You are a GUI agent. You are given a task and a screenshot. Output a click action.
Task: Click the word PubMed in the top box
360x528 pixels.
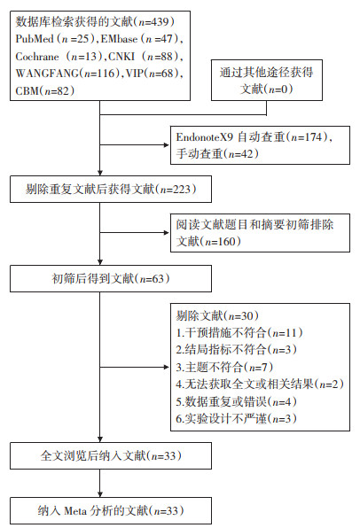35,39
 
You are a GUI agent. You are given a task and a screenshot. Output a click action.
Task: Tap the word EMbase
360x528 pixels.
119,39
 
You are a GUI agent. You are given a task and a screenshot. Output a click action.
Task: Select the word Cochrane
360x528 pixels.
37,56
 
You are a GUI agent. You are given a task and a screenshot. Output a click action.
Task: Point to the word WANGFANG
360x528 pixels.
47,74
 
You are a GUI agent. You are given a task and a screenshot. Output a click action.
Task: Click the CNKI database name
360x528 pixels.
121,56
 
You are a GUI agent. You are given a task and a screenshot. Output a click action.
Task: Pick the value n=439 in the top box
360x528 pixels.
153,22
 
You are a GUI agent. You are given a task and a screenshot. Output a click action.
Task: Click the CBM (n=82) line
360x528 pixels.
45,90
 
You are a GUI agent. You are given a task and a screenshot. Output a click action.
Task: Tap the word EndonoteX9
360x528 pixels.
205,137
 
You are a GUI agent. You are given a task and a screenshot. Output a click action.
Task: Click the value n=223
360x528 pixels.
176,190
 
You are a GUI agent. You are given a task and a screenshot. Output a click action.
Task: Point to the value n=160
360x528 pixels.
220,242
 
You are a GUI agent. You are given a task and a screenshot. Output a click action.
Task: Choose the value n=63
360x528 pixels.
152,279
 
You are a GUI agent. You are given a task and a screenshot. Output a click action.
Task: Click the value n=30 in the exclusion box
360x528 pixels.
240,316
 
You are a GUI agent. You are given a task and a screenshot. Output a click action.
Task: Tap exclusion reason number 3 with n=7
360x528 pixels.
224,367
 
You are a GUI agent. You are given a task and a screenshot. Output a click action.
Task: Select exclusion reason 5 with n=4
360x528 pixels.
236,401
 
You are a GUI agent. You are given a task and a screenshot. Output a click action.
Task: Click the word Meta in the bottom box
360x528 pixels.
75,511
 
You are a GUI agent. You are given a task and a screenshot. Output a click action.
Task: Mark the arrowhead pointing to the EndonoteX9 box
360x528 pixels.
166,145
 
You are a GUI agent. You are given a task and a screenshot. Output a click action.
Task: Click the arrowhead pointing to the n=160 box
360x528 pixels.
166,233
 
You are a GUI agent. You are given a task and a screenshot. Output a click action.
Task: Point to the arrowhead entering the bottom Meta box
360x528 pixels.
100,494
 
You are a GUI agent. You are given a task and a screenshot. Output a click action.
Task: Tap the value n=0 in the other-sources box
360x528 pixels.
278,89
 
